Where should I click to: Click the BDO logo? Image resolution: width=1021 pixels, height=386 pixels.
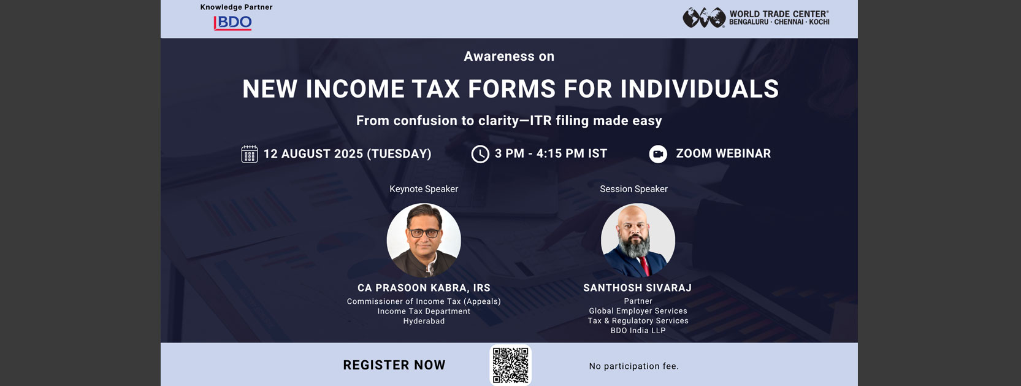232,23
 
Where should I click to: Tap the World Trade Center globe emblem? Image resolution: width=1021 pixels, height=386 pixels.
704,18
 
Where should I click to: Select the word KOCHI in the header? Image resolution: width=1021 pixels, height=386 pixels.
819,22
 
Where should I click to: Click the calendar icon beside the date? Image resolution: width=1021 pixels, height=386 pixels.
250,154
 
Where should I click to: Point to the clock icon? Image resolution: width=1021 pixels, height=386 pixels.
480,154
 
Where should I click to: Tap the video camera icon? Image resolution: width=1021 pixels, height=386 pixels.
658,154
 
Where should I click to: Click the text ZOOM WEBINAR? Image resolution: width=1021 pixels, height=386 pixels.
724,153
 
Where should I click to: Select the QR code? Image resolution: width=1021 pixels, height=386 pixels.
510,365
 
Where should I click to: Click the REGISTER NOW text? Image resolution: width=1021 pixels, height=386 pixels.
394,365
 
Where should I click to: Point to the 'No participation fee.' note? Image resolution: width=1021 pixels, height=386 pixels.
633,366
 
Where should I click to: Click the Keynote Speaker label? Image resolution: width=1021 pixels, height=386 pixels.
424,189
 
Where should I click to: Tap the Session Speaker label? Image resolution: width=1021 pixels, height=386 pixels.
633,189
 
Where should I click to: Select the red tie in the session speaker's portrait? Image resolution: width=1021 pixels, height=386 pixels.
644,266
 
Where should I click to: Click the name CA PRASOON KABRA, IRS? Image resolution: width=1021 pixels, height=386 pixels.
424,288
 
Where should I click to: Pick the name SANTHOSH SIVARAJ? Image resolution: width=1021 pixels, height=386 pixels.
638,288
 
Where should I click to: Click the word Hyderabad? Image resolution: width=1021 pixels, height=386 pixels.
424,321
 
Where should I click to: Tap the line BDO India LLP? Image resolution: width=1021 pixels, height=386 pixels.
638,330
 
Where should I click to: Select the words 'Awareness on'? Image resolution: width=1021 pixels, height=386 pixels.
509,56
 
